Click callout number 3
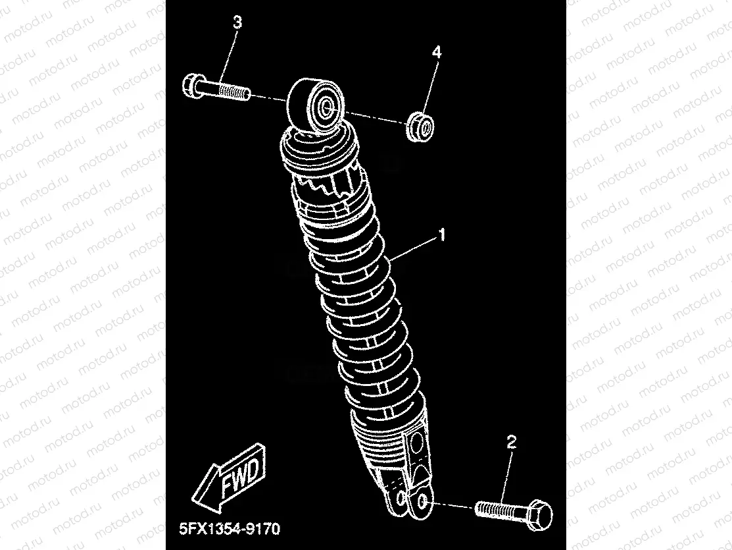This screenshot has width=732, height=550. pos(237,22)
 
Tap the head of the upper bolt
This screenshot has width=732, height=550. pos(191,85)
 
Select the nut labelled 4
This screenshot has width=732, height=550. pos(420,126)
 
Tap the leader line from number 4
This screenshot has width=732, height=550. pos(429,86)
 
